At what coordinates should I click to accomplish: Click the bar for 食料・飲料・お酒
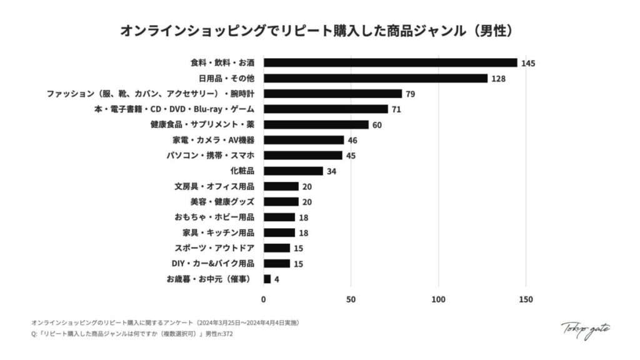(390, 62)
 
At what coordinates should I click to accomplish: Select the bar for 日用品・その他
(375, 78)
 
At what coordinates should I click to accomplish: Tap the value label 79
(411, 94)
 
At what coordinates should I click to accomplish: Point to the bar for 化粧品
(293, 171)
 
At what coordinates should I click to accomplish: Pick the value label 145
(528, 63)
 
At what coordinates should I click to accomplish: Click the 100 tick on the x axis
(439, 299)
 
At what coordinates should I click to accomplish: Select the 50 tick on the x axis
(351, 299)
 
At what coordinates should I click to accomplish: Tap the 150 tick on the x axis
(526, 299)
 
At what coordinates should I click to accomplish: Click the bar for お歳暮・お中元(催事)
(267, 279)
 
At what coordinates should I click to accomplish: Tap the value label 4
(277, 279)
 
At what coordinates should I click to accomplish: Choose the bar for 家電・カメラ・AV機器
(304, 140)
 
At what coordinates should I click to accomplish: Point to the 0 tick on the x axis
(264, 299)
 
